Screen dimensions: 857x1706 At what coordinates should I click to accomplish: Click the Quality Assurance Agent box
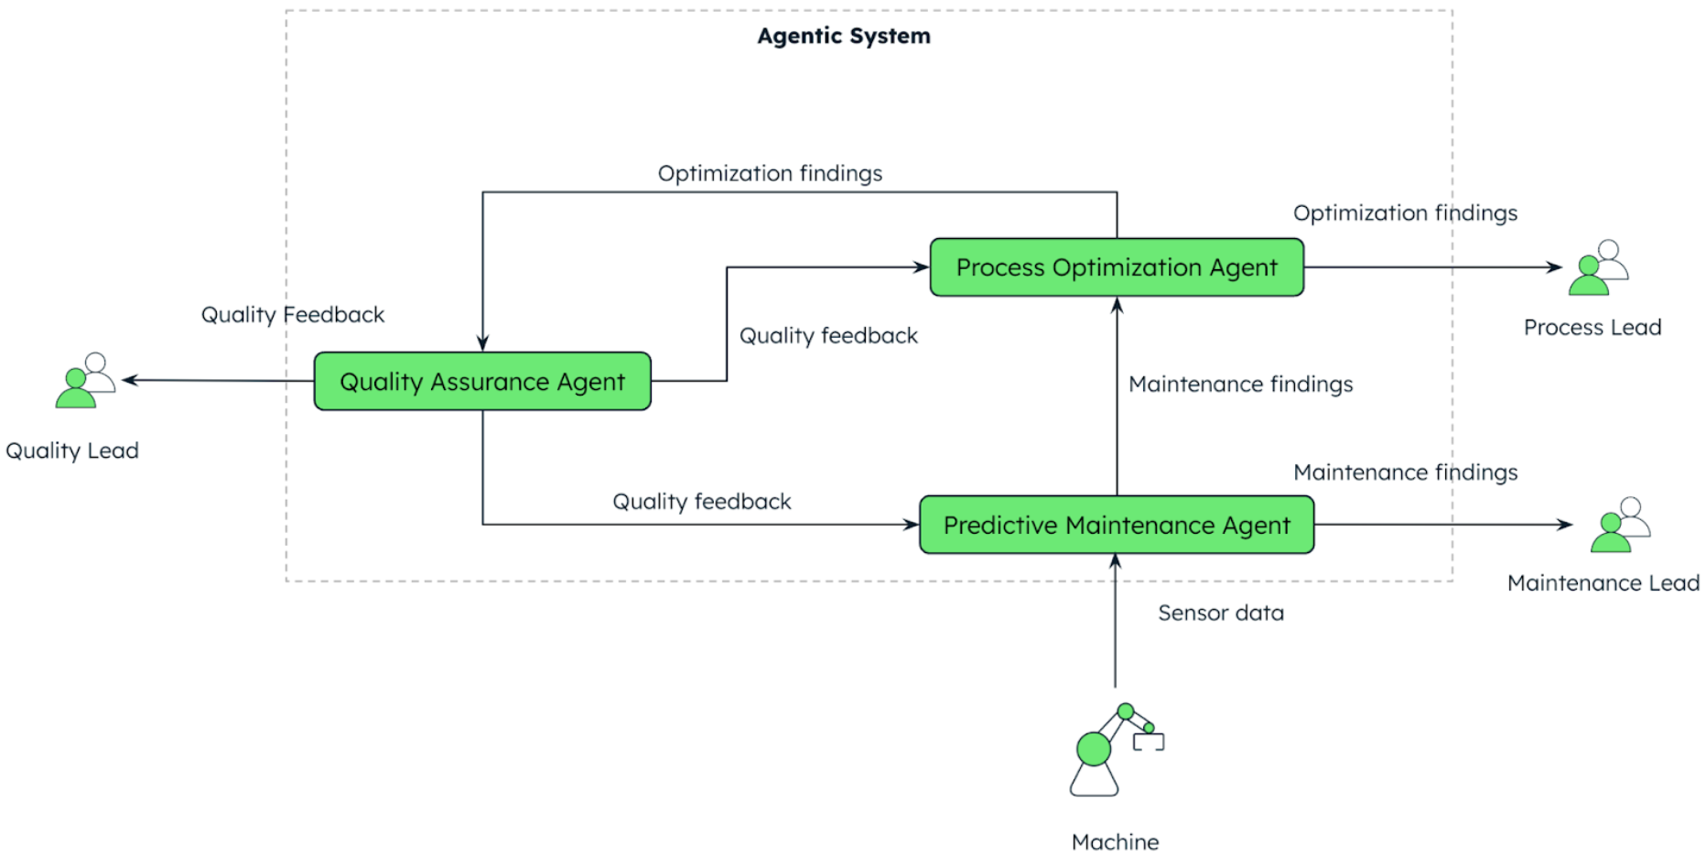pos(482,381)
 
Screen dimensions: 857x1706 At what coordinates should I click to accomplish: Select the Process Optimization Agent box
pos(1117,267)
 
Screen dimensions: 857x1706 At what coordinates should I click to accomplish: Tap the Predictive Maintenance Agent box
pos(1117,525)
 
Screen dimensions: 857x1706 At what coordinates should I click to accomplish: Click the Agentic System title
pos(844,36)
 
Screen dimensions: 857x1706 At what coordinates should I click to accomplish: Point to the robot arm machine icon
pos(1113,750)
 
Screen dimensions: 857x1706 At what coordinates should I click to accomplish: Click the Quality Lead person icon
pos(85,381)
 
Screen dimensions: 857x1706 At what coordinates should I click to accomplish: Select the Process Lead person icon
pos(1598,268)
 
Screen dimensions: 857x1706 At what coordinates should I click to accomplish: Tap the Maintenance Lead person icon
pos(1620,526)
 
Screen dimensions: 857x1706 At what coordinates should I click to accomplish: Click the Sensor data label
pos(1220,613)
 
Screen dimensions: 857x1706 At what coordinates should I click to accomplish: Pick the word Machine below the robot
pos(1115,841)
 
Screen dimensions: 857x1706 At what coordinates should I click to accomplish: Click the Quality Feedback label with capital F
pos(293,315)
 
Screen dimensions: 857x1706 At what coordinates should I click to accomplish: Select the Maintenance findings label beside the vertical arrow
pos(1240,384)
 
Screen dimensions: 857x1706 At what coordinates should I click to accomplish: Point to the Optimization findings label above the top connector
pos(770,173)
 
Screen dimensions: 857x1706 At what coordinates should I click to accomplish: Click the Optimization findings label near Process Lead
pos(1405,212)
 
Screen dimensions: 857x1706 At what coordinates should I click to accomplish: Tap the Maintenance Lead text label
pos(1603,583)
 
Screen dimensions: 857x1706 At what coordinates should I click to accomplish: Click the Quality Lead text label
pos(72,450)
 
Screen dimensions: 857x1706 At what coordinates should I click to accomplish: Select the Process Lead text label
pos(1592,328)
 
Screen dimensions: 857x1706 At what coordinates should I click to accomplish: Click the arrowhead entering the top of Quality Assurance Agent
pos(482,344)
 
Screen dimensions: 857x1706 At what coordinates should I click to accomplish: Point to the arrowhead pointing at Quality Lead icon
pos(129,380)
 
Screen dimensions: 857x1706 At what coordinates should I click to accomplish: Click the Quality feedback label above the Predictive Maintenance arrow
pos(701,502)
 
